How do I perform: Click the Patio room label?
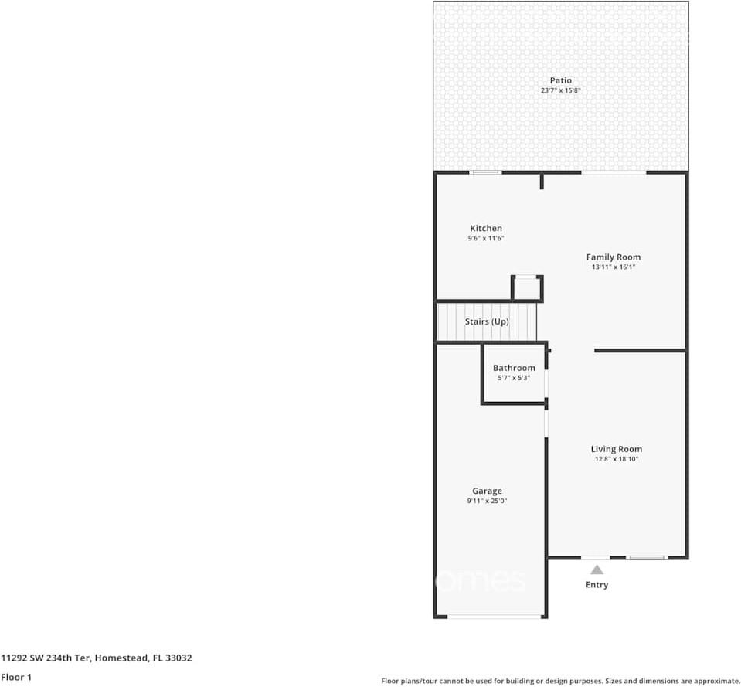tap(561, 80)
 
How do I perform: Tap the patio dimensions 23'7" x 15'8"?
tap(561, 90)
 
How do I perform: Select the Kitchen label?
tap(486, 228)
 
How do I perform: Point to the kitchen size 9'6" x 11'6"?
tap(486, 239)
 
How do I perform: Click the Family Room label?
tap(614, 257)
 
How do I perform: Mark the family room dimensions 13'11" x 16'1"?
tap(614, 267)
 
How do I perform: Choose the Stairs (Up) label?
tap(487, 321)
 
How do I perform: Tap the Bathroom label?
tap(514, 368)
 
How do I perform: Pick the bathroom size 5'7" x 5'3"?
tap(514, 378)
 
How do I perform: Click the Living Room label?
tap(617, 449)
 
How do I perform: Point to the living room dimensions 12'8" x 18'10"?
tap(617, 459)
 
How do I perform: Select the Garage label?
tap(487, 491)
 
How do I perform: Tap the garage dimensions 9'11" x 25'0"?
tap(487, 501)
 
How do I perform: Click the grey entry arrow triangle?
tap(597, 570)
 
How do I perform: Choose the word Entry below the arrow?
tap(597, 585)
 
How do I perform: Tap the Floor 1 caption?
tap(16, 677)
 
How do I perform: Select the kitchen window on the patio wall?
tap(486, 172)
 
